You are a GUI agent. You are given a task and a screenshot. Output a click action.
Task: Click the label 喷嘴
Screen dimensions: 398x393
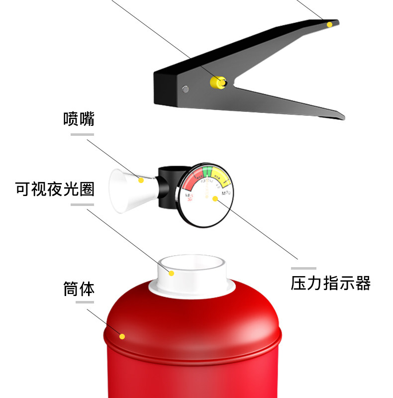tap(79, 119)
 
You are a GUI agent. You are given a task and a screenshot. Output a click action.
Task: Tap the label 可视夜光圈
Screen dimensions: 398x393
tap(55, 189)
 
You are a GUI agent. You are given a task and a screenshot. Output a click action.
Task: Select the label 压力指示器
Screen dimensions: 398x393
tap(331, 283)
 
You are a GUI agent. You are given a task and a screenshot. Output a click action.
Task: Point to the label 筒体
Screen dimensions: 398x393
tap(79, 289)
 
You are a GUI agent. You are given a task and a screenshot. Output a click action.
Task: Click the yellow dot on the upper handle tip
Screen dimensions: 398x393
tap(329, 24)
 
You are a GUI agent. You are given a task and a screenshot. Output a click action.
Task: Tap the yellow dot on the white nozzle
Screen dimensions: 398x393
tap(142, 180)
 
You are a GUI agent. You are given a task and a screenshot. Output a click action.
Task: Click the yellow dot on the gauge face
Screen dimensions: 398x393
tap(215, 199)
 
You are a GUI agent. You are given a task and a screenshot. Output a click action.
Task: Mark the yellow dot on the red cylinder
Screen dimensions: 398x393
tap(122, 336)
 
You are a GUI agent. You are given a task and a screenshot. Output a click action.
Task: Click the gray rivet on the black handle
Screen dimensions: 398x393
tap(186, 90)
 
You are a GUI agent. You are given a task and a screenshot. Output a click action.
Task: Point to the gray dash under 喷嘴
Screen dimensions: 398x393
tap(82, 134)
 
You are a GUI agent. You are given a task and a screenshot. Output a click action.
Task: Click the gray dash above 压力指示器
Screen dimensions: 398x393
tap(303, 268)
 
